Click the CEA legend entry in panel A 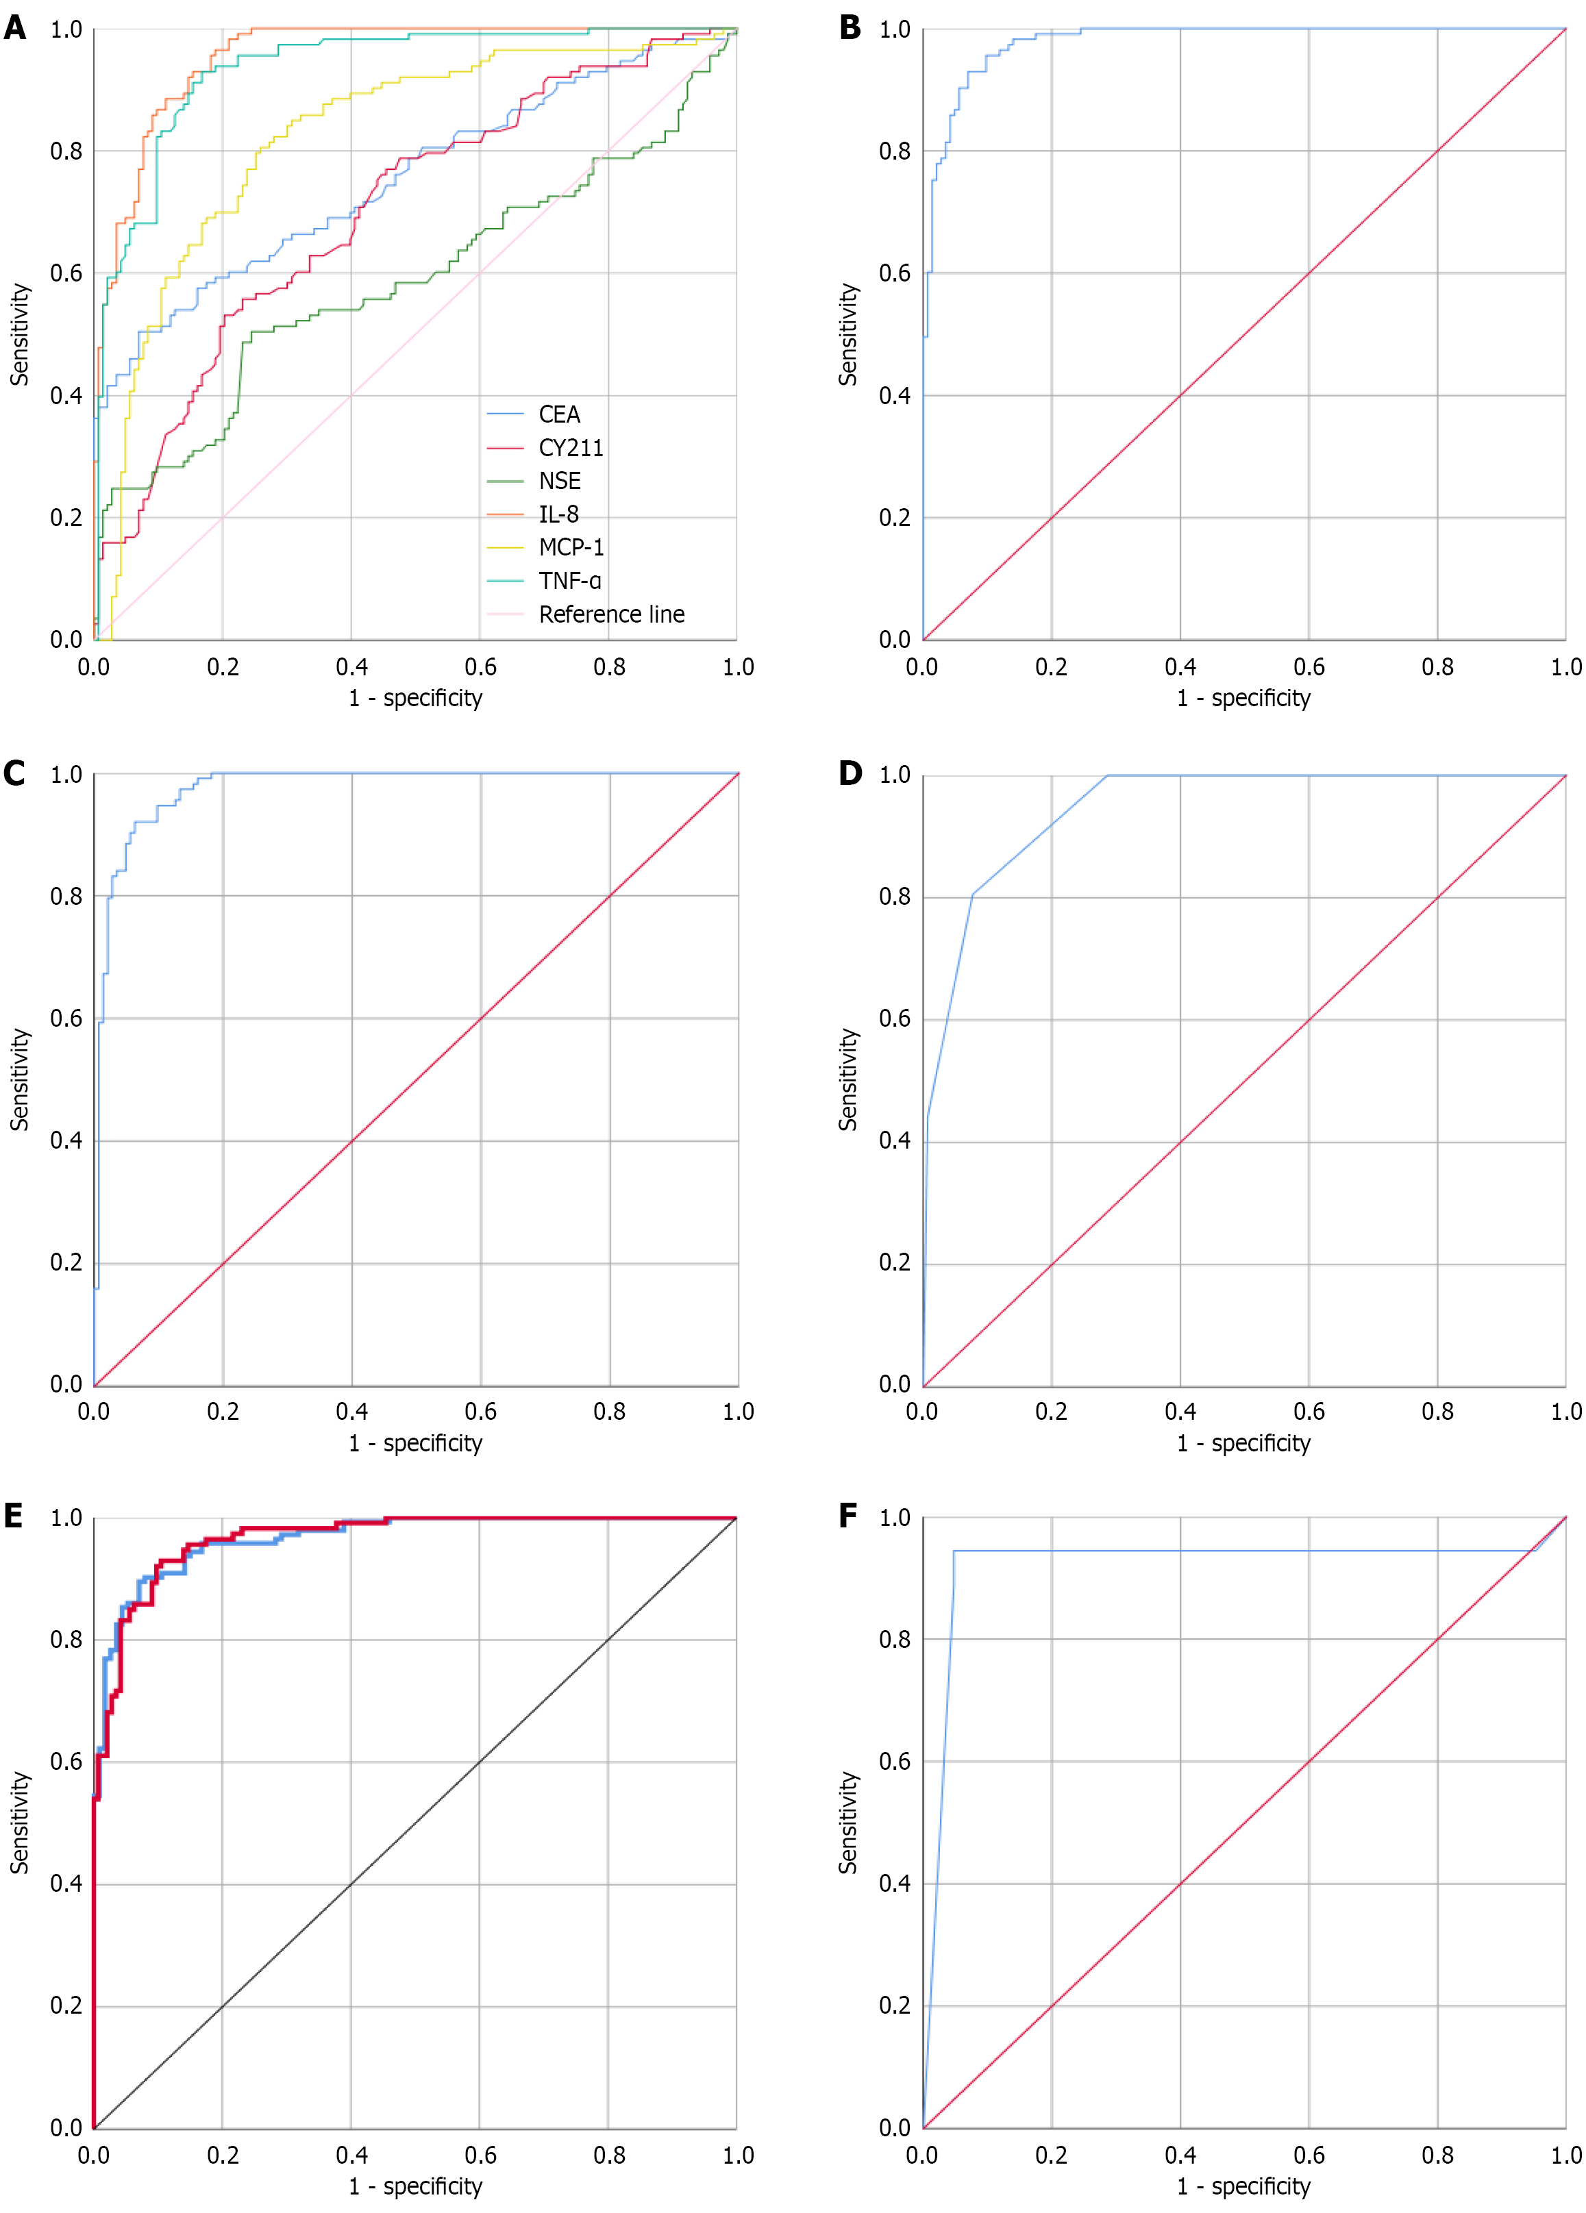coord(558,414)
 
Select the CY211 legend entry coord(570,448)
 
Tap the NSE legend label coord(559,481)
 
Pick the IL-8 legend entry coord(558,514)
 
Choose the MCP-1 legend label coord(571,547)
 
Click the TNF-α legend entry coord(569,581)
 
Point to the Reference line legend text coord(611,614)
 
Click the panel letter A coord(14,27)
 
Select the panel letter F coord(848,1515)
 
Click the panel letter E coord(14,1515)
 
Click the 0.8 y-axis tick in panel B coord(894,151)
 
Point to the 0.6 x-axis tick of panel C coord(480,1411)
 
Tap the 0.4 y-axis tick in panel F coord(894,1884)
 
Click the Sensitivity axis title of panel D coord(848,1079)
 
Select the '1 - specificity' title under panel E coord(414,2186)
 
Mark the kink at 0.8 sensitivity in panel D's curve coord(972,894)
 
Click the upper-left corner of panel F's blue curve coord(954,1551)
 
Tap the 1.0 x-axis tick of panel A coord(738,667)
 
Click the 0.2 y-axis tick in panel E coord(65,2006)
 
